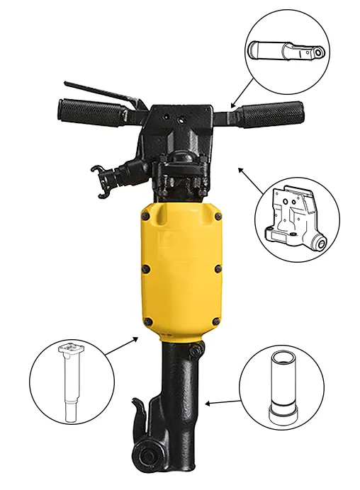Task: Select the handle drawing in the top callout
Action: click(287, 54)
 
